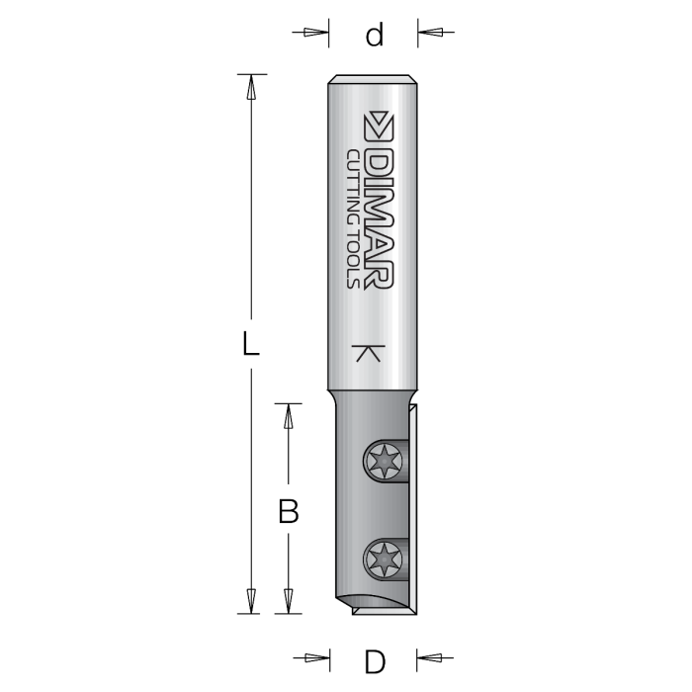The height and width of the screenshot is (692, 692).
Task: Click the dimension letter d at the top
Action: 374,36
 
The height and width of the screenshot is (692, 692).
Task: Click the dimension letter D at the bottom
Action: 374,659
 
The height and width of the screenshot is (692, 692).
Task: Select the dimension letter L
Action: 251,344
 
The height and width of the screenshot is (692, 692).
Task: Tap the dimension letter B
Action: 288,511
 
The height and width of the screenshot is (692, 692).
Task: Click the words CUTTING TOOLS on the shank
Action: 354,217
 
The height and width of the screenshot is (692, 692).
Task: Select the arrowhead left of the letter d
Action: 315,33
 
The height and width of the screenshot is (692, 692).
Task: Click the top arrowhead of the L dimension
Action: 251,87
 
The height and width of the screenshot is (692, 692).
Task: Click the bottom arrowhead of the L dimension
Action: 251,602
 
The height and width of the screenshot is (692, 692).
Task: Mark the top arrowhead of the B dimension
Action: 288,416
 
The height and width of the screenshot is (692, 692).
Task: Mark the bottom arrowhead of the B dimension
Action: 288,602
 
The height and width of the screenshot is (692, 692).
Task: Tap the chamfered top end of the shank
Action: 373,78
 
